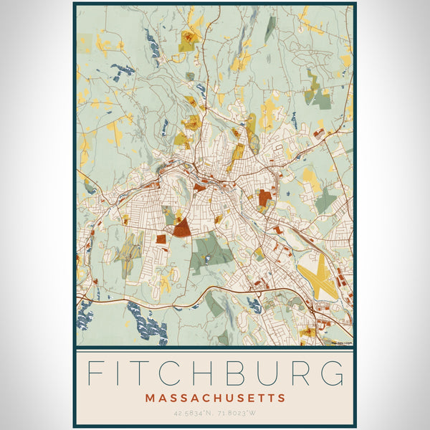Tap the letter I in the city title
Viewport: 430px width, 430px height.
click(x=128, y=374)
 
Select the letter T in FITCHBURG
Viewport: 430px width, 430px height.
click(x=157, y=374)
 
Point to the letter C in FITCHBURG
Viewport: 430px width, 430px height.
click(x=189, y=374)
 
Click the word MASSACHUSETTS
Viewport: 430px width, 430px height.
click(x=215, y=398)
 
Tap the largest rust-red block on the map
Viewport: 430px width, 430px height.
click(x=182, y=228)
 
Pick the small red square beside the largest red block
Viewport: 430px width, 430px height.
click(x=161, y=239)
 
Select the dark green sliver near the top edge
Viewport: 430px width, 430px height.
click(x=269, y=29)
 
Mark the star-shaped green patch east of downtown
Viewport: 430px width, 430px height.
click(x=326, y=200)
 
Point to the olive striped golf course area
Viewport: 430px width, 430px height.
click(x=129, y=247)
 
